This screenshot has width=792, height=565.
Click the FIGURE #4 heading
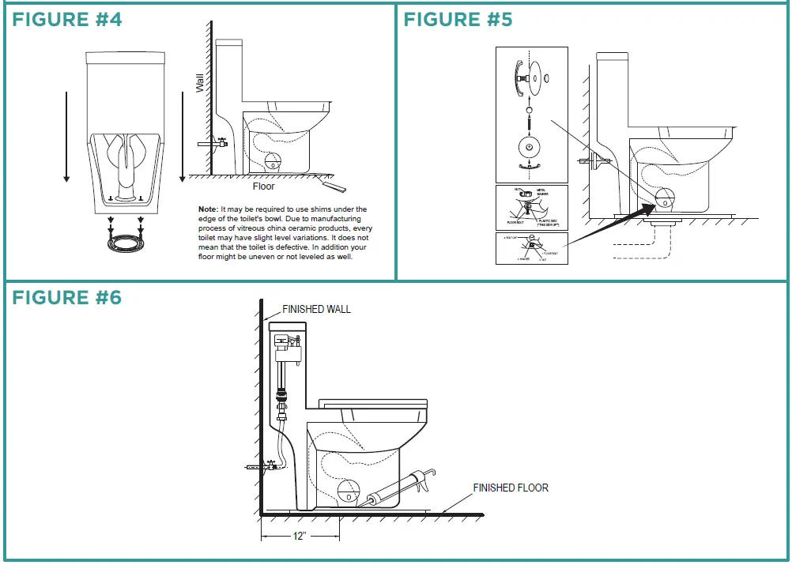click(x=67, y=20)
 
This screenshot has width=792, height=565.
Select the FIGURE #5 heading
click(x=458, y=20)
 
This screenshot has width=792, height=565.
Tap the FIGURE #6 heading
click(x=67, y=297)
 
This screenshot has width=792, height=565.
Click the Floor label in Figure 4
click(x=263, y=186)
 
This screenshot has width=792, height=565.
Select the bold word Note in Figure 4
click(x=208, y=209)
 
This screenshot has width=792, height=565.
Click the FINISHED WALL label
click(x=316, y=309)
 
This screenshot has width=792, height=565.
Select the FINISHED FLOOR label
click(x=511, y=488)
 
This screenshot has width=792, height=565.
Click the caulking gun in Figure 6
click(x=399, y=487)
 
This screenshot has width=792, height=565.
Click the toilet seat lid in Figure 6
click(x=371, y=405)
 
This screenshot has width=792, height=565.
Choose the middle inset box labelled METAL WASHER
click(x=531, y=207)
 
